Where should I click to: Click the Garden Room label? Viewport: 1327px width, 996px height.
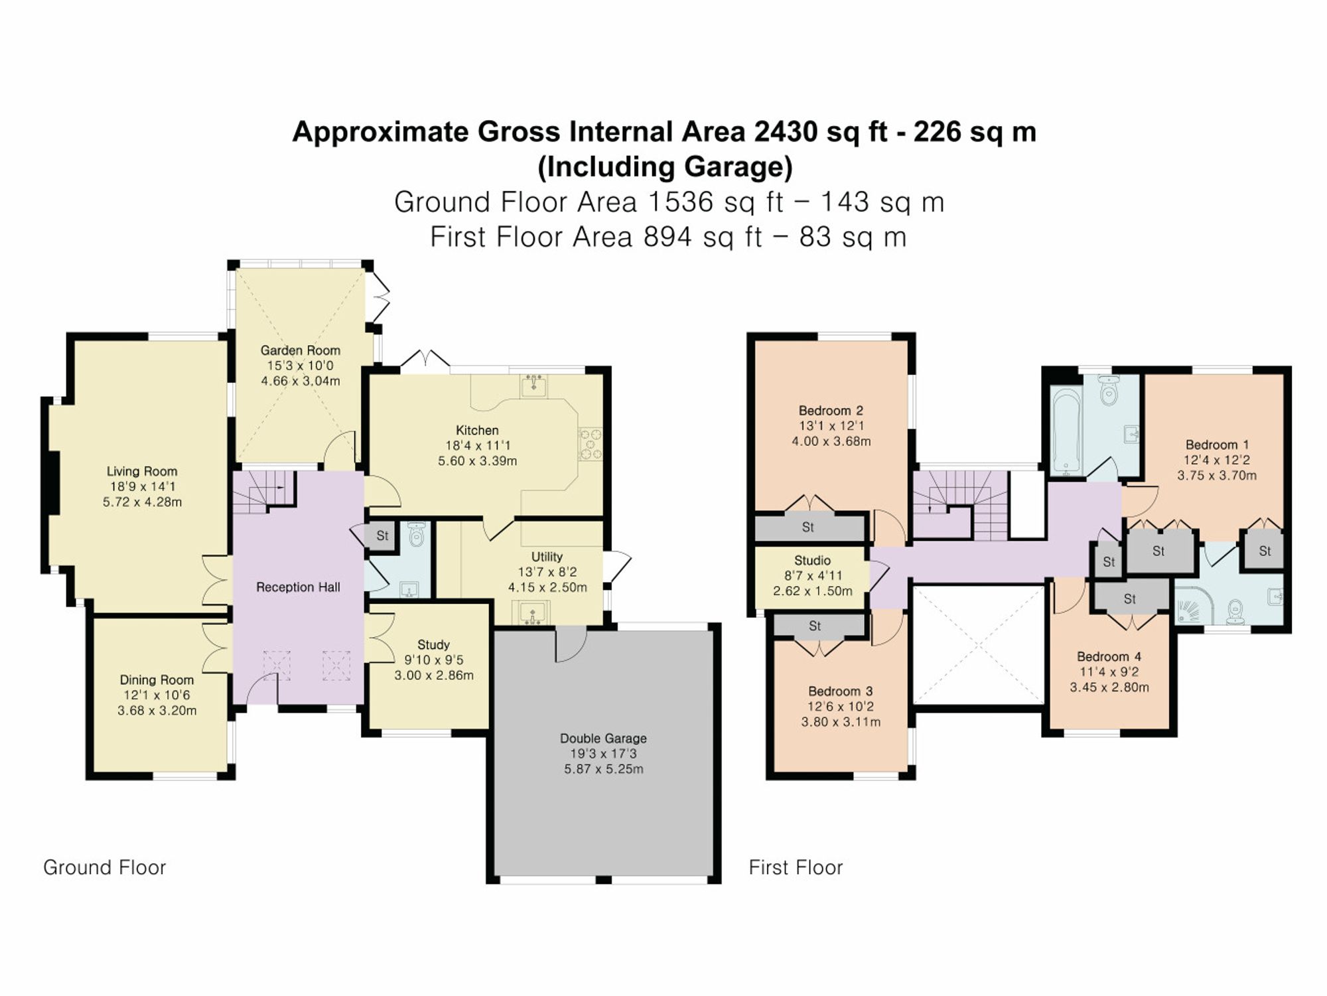[300, 350]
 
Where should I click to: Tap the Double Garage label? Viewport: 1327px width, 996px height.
[603, 738]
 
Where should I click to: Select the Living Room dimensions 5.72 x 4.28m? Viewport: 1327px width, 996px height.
[142, 502]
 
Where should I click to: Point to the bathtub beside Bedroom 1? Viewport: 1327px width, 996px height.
[1066, 432]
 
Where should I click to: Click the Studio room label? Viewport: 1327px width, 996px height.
[812, 560]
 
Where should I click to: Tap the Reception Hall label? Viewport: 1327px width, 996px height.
[298, 587]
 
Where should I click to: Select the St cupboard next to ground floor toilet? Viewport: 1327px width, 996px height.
[382, 535]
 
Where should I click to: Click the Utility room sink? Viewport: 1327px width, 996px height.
[533, 613]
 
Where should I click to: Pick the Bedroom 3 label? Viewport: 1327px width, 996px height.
[840, 691]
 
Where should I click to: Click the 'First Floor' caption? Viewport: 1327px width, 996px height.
[796, 867]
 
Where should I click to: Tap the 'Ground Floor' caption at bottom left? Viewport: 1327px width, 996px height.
[104, 867]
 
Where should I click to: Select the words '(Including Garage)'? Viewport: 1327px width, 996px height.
[665, 167]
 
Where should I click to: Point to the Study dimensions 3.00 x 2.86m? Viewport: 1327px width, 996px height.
[434, 676]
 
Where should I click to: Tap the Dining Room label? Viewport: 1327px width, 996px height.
[157, 679]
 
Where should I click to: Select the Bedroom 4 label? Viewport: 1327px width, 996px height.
[1109, 656]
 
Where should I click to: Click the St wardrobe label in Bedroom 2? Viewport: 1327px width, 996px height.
[807, 527]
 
